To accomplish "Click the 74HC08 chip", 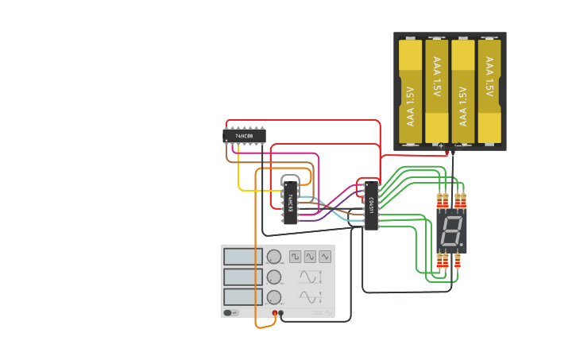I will pos(245,136).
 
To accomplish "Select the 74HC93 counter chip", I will pos(291,203).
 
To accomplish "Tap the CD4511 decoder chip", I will pos(371,205).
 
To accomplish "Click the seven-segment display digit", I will pos(450,232).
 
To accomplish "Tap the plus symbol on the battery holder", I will pos(441,146).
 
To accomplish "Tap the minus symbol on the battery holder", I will pos(458,146).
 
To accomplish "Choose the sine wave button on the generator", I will pos(310,257).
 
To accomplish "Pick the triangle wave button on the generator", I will pos(324,257).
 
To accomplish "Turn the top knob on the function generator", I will pos(274,257).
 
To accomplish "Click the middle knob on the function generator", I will pos(274,277).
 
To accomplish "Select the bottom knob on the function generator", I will pos(274,297).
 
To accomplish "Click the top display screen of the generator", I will pos(243,257).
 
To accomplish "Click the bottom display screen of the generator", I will pos(243,297).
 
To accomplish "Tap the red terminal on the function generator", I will pos(275,313).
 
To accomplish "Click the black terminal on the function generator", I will pos(282,313).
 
